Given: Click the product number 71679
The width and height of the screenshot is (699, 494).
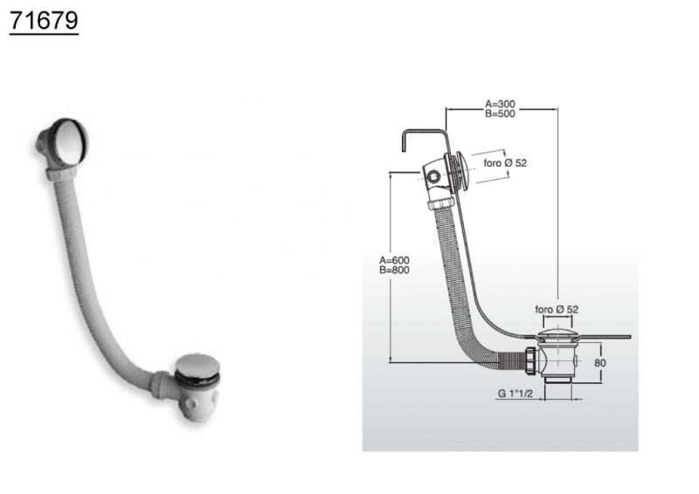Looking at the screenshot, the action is [x=44, y=20].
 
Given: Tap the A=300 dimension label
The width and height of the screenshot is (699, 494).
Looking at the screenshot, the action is [x=500, y=105].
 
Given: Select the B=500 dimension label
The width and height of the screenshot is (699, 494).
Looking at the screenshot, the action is [x=500, y=113].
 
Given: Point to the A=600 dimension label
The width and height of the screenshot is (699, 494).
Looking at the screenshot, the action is [x=394, y=260].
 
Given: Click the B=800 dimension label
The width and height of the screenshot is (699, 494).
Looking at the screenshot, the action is [x=394, y=270].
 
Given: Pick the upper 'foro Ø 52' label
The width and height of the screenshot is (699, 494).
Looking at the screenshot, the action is [x=505, y=163].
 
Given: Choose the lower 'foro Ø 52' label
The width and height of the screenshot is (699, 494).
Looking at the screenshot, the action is [x=557, y=309].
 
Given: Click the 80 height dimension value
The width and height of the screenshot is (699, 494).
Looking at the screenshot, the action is [x=600, y=362].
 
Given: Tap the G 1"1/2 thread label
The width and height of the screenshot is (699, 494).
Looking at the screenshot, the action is [x=515, y=394].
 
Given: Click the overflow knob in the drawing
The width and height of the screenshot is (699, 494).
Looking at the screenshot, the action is [x=461, y=171].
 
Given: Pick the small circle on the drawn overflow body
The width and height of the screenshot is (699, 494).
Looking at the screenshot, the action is [x=433, y=177].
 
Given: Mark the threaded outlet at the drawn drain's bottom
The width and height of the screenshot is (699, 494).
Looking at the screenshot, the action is [x=557, y=381].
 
